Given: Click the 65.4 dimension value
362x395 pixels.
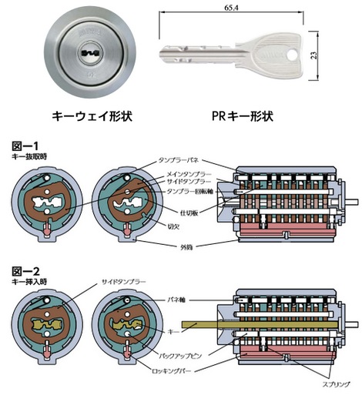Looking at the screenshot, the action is pos(231,8).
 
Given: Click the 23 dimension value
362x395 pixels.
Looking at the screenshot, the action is pos(314,56).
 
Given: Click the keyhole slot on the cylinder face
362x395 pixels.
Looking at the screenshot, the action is pos(89,53).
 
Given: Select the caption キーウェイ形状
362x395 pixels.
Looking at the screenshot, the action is pos(92,116).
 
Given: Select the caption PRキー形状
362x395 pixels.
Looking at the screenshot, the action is pos(243,116).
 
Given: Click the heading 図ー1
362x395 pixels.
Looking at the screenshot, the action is pos(25,146).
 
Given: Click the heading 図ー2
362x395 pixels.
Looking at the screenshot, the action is pos(25,271).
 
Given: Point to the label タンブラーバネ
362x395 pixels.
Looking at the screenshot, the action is pos(179,160).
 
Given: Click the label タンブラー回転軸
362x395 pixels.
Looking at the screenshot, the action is pos(190,192).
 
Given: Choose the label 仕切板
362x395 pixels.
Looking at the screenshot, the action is pos(189,213).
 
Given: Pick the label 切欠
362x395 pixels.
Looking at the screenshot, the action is pos(173,226).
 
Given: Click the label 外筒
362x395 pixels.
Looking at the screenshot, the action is pos(186,247).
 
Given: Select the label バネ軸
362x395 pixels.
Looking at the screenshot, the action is pos(176,300).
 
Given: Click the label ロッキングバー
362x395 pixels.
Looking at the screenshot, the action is pos(172,371).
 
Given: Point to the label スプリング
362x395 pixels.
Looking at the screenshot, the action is pos(336,384).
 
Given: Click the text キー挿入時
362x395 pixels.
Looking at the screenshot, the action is pos(29,282).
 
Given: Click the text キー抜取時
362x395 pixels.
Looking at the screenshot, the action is pos(29,156).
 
